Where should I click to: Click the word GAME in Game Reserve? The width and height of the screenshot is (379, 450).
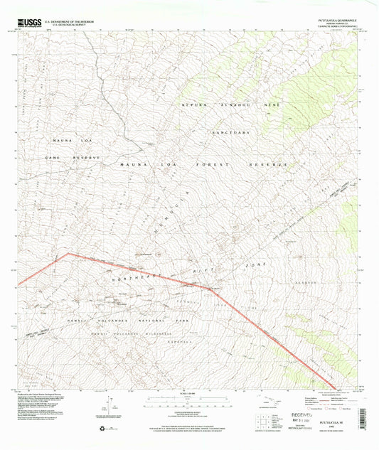tap(54, 157)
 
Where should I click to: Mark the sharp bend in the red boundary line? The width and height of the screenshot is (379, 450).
tap(67, 253)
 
